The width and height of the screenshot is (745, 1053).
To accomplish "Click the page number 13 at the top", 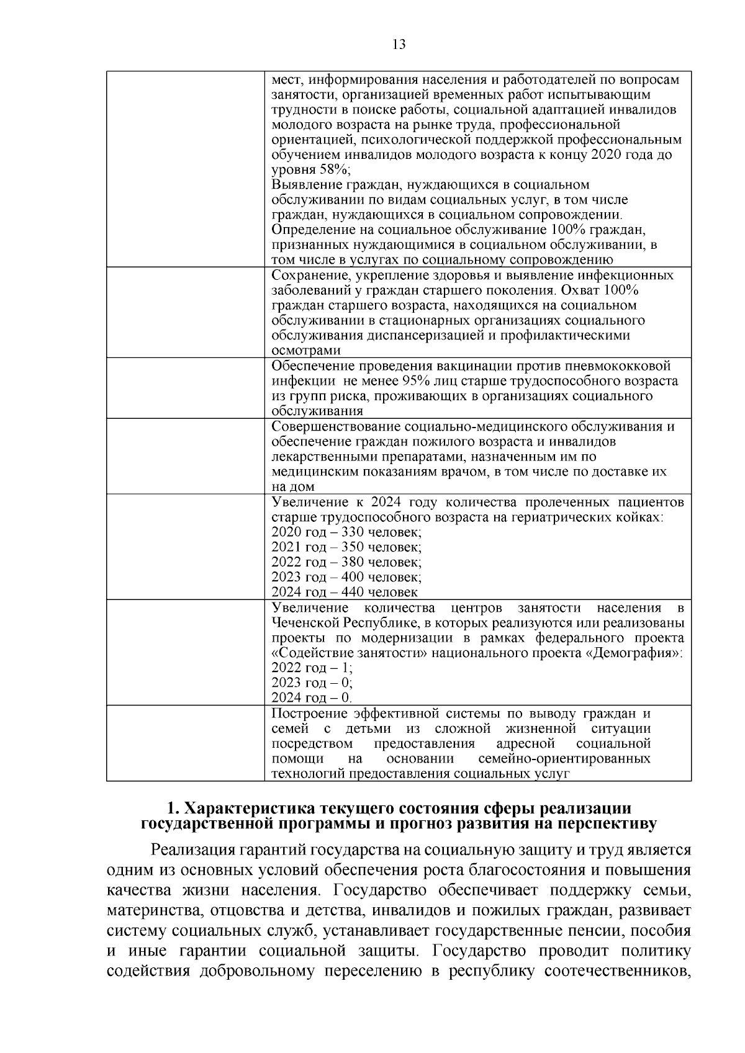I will [399, 44].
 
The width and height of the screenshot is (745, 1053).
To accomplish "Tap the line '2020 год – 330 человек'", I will [346, 532].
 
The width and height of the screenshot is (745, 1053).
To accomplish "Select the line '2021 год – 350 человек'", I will [346, 547].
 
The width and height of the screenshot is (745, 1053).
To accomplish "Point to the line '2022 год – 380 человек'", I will [346, 562].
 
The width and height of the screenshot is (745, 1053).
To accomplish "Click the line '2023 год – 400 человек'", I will [346, 577].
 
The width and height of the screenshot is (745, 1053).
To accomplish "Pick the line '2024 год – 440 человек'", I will [345, 592].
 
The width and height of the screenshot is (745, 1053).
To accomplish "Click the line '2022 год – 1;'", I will [312, 668].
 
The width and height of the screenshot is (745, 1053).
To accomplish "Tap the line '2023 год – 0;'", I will [312, 683].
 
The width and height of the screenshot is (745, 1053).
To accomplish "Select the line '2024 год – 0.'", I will [312, 697].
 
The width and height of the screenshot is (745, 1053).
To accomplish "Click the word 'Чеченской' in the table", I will [302, 622].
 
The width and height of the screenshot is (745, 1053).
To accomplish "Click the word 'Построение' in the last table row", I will [309, 714].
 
